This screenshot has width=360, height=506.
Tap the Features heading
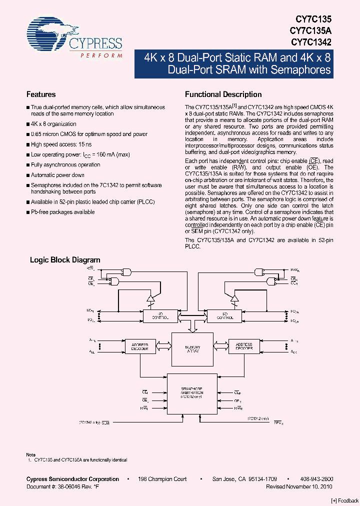point(41,94)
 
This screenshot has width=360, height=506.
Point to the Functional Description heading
point(223,94)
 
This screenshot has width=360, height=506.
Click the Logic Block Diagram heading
point(65,260)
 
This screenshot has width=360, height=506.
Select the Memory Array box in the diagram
point(192,349)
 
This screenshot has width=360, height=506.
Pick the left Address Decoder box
point(140,346)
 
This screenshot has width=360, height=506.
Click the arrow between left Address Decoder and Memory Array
point(164,346)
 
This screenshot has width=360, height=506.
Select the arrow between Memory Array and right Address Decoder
point(221,346)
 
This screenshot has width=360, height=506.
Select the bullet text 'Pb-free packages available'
point(62,212)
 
